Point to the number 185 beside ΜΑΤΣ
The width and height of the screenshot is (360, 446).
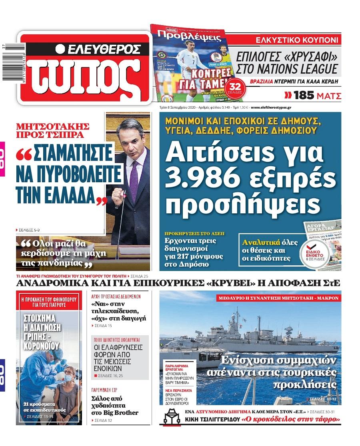(x=306, y=96)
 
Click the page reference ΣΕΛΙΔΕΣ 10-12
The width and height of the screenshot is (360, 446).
(x=325, y=399)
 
